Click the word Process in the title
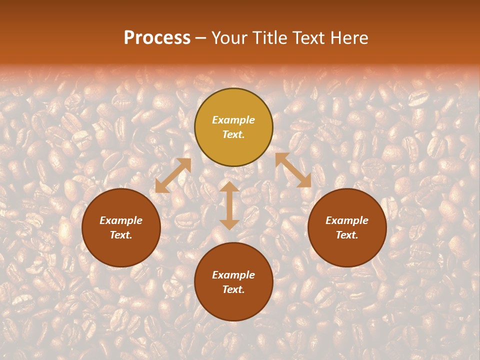(x=157, y=38)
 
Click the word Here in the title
(x=350, y=38)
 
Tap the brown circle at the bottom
(x=233, y=305)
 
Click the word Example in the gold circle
(x=233, y=120)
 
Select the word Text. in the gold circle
(x=233, y=134)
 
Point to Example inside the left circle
(x=121, y=220)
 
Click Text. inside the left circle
(x=121, y=235)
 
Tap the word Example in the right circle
(x=347, y=220)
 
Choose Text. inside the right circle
(x=347, y=235)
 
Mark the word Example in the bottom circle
(x=233, y=275)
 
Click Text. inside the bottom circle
(x=233, y=289)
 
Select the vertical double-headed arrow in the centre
(x=229, y=205)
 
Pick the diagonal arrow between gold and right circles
(x=293, y=170)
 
